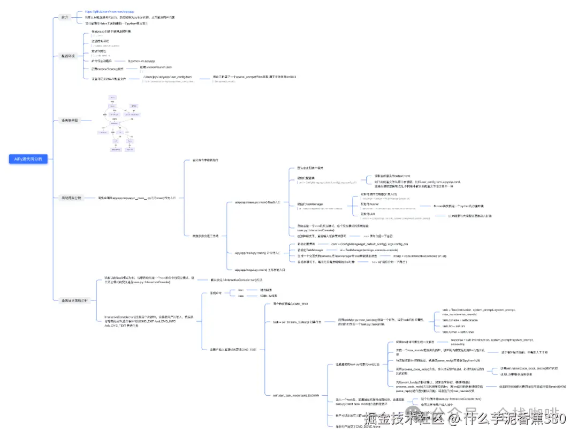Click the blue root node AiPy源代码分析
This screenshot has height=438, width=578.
coord(28,159)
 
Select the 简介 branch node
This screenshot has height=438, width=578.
coord(65,18)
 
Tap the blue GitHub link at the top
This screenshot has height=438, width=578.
coord(110,11)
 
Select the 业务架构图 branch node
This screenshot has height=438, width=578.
coord(69,121)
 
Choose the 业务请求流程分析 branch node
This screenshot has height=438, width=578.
coord(73,300)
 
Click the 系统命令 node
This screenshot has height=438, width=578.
coord(216,293)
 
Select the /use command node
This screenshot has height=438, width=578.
coord(240,296)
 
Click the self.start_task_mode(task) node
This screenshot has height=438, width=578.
coord(292,395)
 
